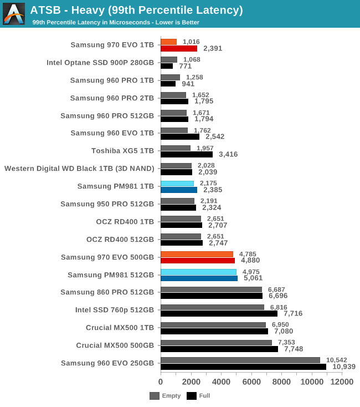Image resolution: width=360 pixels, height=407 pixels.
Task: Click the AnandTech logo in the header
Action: pyautogui.click(x=14, y=14)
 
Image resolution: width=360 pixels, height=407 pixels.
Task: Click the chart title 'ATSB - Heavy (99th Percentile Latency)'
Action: pyautogui.click(x=136, y=10)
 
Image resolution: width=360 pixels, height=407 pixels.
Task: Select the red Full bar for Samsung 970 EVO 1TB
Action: pyautogui.click(x=179, y=48)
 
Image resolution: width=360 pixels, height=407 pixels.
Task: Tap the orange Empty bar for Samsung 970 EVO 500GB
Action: pyautogui.click(x=197, y=255)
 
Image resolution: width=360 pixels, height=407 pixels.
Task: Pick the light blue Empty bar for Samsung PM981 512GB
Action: pyautogui.click(x=198, y=272)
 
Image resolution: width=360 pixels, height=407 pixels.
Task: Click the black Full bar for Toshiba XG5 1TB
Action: pyautogui.click(x=187, y=154)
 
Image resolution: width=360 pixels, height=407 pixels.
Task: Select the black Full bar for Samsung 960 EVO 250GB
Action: pyautogui.click(x=243, y=367)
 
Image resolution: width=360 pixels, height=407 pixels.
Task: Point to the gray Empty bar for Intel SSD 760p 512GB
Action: pyautogui.click(x=212, y=307)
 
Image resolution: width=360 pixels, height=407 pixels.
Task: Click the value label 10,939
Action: pyautogui.click(x=343, y=367)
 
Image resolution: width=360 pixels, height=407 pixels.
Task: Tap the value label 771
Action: pyautogui.click(x=185, y=66)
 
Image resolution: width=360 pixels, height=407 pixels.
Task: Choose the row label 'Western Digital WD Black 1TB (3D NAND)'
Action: pyautogui.click(x=79, y=168)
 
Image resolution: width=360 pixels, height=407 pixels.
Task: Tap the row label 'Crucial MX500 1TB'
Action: pyautogui.click(x=120, y=328)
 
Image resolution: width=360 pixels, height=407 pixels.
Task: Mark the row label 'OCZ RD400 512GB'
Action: pyautogui.click(x=120, y=239)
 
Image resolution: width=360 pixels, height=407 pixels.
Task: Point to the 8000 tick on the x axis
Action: pyautogui.click(x=282, y=381)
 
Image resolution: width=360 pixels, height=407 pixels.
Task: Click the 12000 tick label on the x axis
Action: pyautogui.click(x=342, y=381)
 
